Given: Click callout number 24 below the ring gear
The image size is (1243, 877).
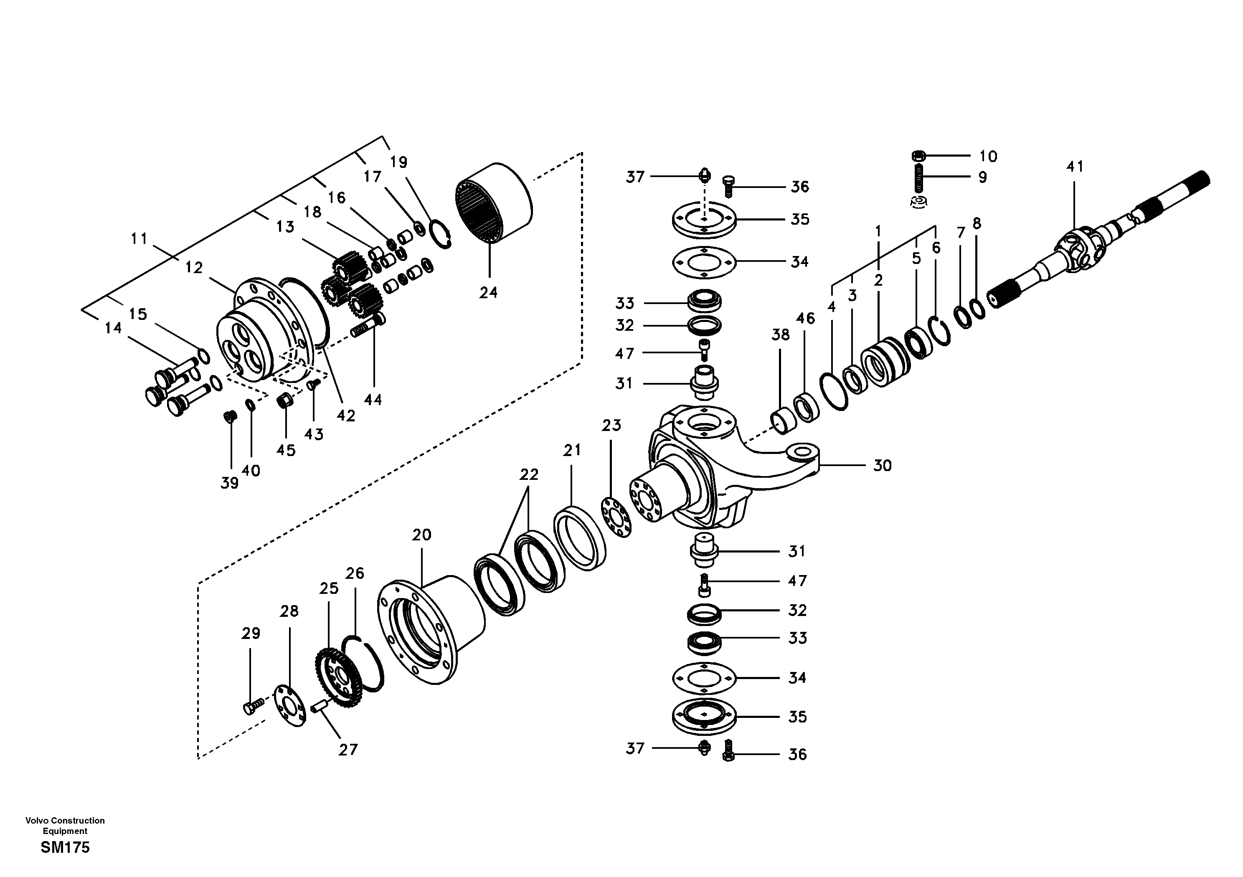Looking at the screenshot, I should pyautogui.click(x=488, y=293).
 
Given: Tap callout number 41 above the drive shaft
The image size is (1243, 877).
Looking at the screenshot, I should pyautogui.click(x=1075, y=167).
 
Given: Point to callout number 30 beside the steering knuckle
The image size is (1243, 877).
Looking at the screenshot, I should pyautogui.click(x=883, y=466).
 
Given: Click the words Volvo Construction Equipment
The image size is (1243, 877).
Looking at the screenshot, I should pyautogui.click(x=65, y=826).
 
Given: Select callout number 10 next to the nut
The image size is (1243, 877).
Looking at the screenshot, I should pyautogui.click(x=988, y=157).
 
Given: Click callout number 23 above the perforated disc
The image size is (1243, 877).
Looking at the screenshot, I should pyautogui.click(x=611, y=426).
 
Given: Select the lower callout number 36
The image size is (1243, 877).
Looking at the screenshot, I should pyautogui.click(x=797, y=755).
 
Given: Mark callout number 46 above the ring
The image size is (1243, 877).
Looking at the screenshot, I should pyautogui.click(x=805, y=319).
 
